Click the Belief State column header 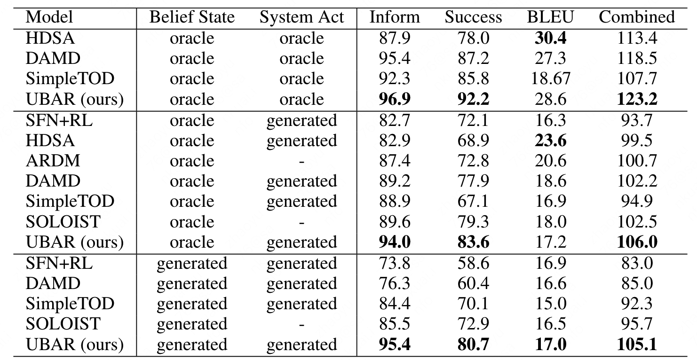[191, 17]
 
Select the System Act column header [301, 17]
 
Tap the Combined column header [636, 17]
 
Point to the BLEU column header [551, 17]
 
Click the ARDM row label [53, 161]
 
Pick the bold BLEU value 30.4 [551, 38]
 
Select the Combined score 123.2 [636, 99]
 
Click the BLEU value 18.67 [551, 78]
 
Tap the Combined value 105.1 [636, 344]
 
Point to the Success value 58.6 [473, 263]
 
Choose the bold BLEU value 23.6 [551, 141]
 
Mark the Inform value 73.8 [395, 263]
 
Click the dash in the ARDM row [301, 161]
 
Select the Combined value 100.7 [636, 161]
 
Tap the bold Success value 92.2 [473, 99]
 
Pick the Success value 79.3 [473, 222]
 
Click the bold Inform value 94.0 [395, 242]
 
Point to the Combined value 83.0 [636, 263]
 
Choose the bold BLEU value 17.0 [551, 344]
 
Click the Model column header [49, 17]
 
